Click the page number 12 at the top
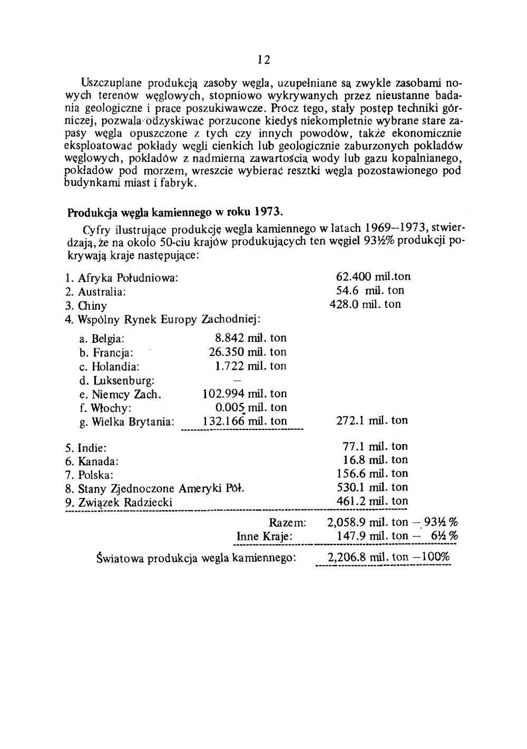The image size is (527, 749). tap(264, 60)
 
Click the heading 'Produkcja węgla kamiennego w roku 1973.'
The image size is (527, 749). tap(175, 213)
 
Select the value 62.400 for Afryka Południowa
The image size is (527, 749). tap(354, 276)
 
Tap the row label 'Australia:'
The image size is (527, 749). tap(101, 292)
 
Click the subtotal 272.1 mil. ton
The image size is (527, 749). tap(372, 420)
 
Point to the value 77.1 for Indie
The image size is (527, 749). tap(353, 446)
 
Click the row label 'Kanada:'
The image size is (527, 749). tap(99, 461)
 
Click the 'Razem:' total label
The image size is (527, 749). tap(288, 523)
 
